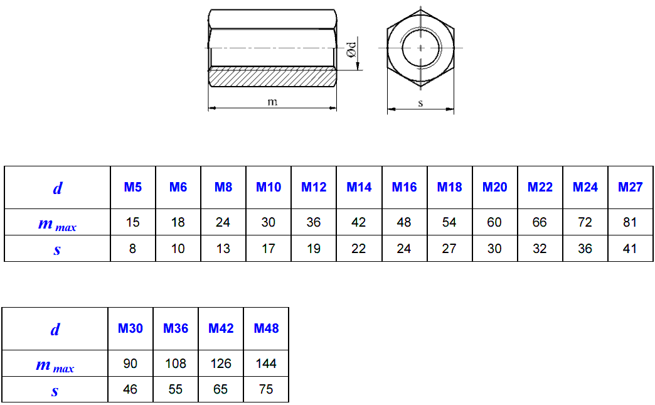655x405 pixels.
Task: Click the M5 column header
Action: click(133, 187)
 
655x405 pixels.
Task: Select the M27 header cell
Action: click(631, 187)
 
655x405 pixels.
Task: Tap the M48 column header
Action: click(266, 328)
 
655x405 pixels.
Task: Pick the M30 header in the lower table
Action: click(130, 328)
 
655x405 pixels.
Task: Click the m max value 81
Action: click(631, 222)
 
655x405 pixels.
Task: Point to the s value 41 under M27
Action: click(631, 249)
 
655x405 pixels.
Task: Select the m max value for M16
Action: click(404, 222)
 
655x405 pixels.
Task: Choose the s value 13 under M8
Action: click(223, 249)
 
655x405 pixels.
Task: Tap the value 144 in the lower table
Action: click(266, 364)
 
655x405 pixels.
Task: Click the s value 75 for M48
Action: click(266, 389)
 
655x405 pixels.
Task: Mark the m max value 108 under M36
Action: click(176, 364)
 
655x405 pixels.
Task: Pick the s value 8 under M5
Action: click(133, 249)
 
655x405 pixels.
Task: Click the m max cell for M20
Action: click(494, 222)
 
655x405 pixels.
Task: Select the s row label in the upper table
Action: click(57, 249)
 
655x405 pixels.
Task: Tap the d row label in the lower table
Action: click(55, 329)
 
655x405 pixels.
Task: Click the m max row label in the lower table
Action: click(55, 365)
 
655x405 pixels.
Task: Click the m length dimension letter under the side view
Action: click(272, 102)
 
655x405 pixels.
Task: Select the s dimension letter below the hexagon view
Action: click(420, 104)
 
